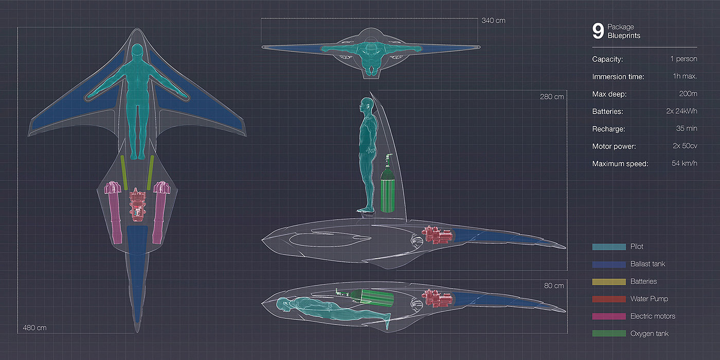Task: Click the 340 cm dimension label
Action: click(x=493, y=21)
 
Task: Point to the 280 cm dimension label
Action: click(x=552, y=96)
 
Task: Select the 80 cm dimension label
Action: click(x=554, y=285)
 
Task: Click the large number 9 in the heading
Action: click(x=598, y=31)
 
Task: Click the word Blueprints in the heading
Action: click(x=624, y=36)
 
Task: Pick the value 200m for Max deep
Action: click(x=688, y=94)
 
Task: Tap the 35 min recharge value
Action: click(x=687, y=129)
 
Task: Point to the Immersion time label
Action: click(x=618, y=76)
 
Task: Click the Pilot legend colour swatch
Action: click(x=609, y=246)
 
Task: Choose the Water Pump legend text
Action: click(x=649, y=299)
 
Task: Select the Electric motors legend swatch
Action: click(x=609, y=316)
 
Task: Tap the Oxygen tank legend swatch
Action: click(x=609, y=334)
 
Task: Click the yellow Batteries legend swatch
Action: click(x=609, y=281)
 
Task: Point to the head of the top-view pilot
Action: click(x=137, y=52)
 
